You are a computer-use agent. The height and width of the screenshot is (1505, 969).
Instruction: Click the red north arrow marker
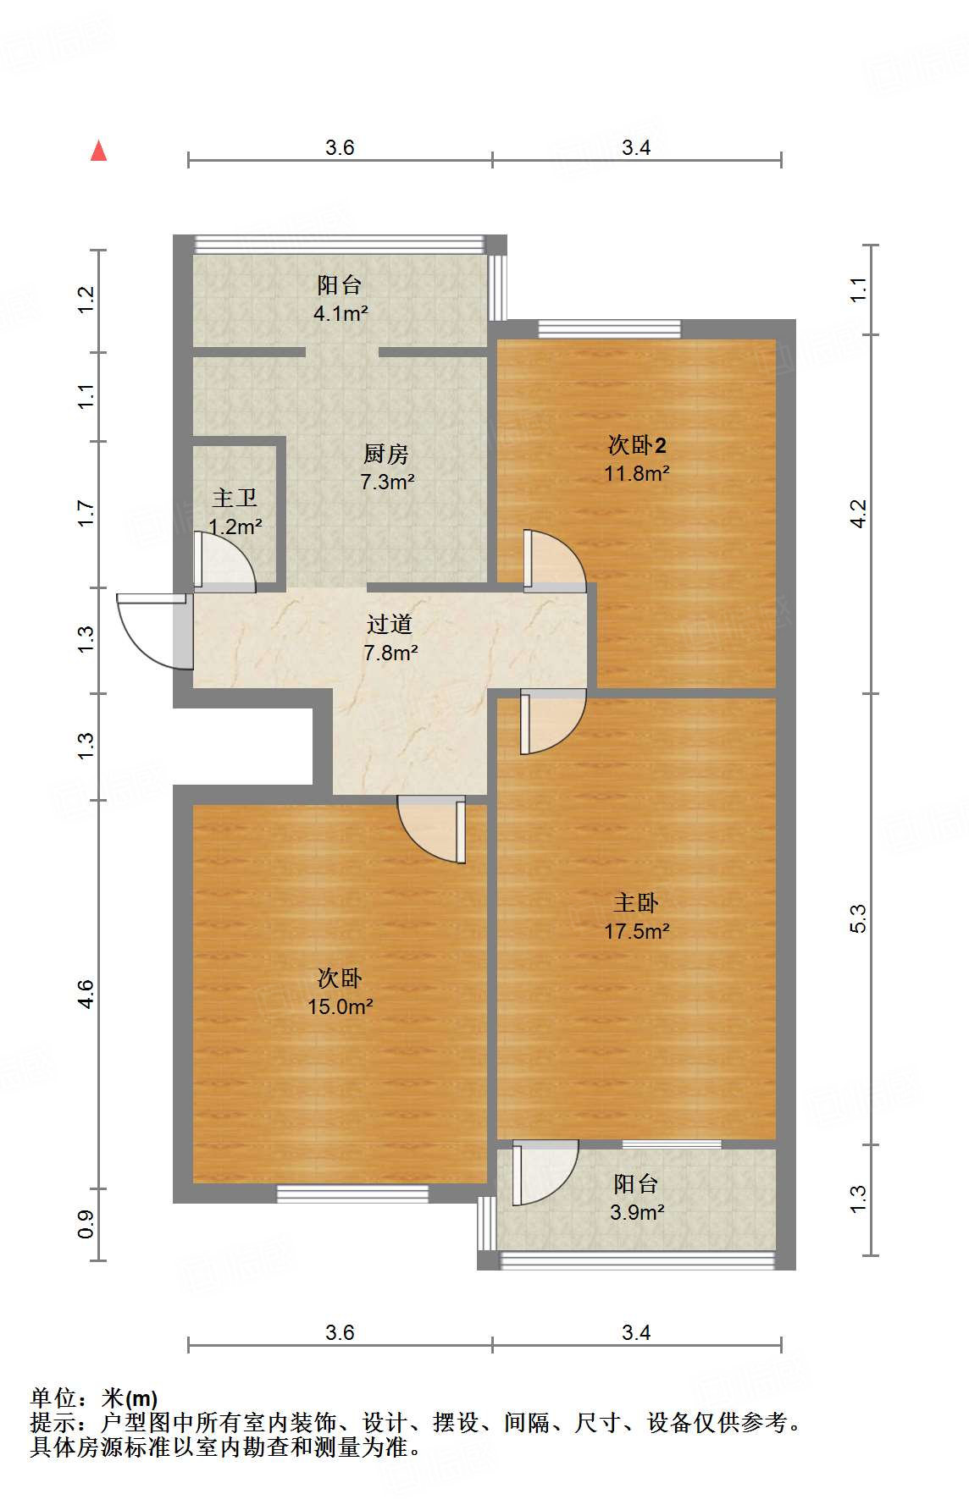[x=99, y=152]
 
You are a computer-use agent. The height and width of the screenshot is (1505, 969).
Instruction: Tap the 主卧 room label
[x=636, y=902]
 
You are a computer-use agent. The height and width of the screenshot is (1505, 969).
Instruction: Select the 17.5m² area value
[x=636, y=931]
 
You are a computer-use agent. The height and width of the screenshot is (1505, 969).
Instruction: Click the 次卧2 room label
[x=637, y=444]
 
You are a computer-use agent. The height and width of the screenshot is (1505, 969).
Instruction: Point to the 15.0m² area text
[x=340, y=1006]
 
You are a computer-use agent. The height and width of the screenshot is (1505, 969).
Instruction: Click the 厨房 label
[x=386, y=454]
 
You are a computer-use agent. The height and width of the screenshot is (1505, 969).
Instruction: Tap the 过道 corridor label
[x=390, y=625]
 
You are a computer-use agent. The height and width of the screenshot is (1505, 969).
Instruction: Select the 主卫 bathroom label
[x=234, y=498]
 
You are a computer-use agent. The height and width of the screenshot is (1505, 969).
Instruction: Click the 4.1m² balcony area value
[x=340, y=314]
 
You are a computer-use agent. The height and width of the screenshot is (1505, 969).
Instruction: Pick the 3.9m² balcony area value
[x=636, y=1212]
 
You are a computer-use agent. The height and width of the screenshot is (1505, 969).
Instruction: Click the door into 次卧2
[x=553, y=560]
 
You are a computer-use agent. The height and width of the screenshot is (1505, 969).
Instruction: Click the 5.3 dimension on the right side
[x=858, y=918]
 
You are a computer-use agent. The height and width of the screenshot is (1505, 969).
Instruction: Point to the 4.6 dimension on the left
[x=86, y=994]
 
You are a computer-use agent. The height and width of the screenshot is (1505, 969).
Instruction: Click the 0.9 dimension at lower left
[x=86, y=1224]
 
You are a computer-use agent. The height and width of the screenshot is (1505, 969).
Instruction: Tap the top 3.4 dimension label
[x=636, y=148]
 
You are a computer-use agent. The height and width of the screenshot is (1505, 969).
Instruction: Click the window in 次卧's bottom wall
[x=352, y=1194]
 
